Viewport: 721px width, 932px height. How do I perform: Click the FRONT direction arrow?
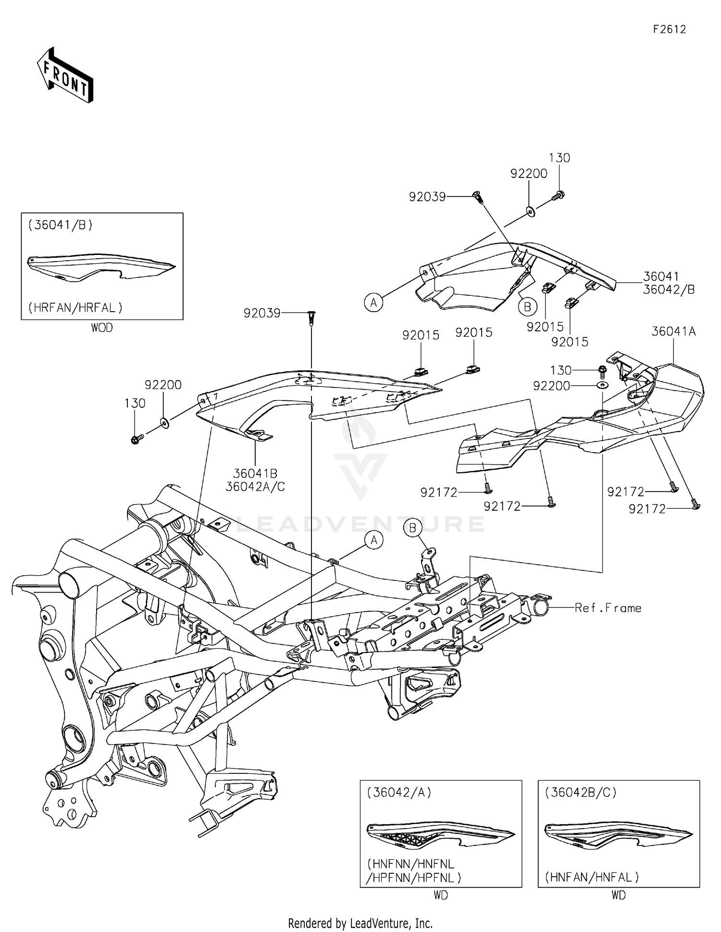[x=65, y=76]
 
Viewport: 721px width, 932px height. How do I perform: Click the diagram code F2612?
[x=669, y=29]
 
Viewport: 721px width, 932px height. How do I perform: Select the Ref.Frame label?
[x=608, y=608]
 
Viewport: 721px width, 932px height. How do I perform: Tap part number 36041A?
[x=673, y=331]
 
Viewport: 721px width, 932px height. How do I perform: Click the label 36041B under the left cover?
[x=255, y=474]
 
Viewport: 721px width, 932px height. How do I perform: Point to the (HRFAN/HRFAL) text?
[x=75, y=307]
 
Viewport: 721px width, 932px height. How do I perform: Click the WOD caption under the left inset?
[x=102, y=327]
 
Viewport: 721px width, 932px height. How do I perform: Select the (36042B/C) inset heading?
[x=581, y=792]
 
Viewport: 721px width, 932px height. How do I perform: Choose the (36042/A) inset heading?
[x=399, y=792]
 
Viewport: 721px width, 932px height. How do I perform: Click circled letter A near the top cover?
[x=373, y=302]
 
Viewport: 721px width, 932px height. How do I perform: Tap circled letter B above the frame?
[x=412, y=528]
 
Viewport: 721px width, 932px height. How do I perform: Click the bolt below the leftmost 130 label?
[x=136, y=439]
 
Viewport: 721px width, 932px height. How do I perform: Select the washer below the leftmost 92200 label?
[x=165, y=423]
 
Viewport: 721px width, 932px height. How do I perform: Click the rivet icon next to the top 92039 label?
[x=478, y=196]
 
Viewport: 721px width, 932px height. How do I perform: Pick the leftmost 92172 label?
[x=438, y=492]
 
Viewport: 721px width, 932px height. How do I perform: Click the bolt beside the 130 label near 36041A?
[x=602, y=370]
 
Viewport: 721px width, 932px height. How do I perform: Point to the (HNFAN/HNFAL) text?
[x=592, y=877]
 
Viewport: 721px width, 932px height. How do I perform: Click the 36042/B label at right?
[x=669, y=290]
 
